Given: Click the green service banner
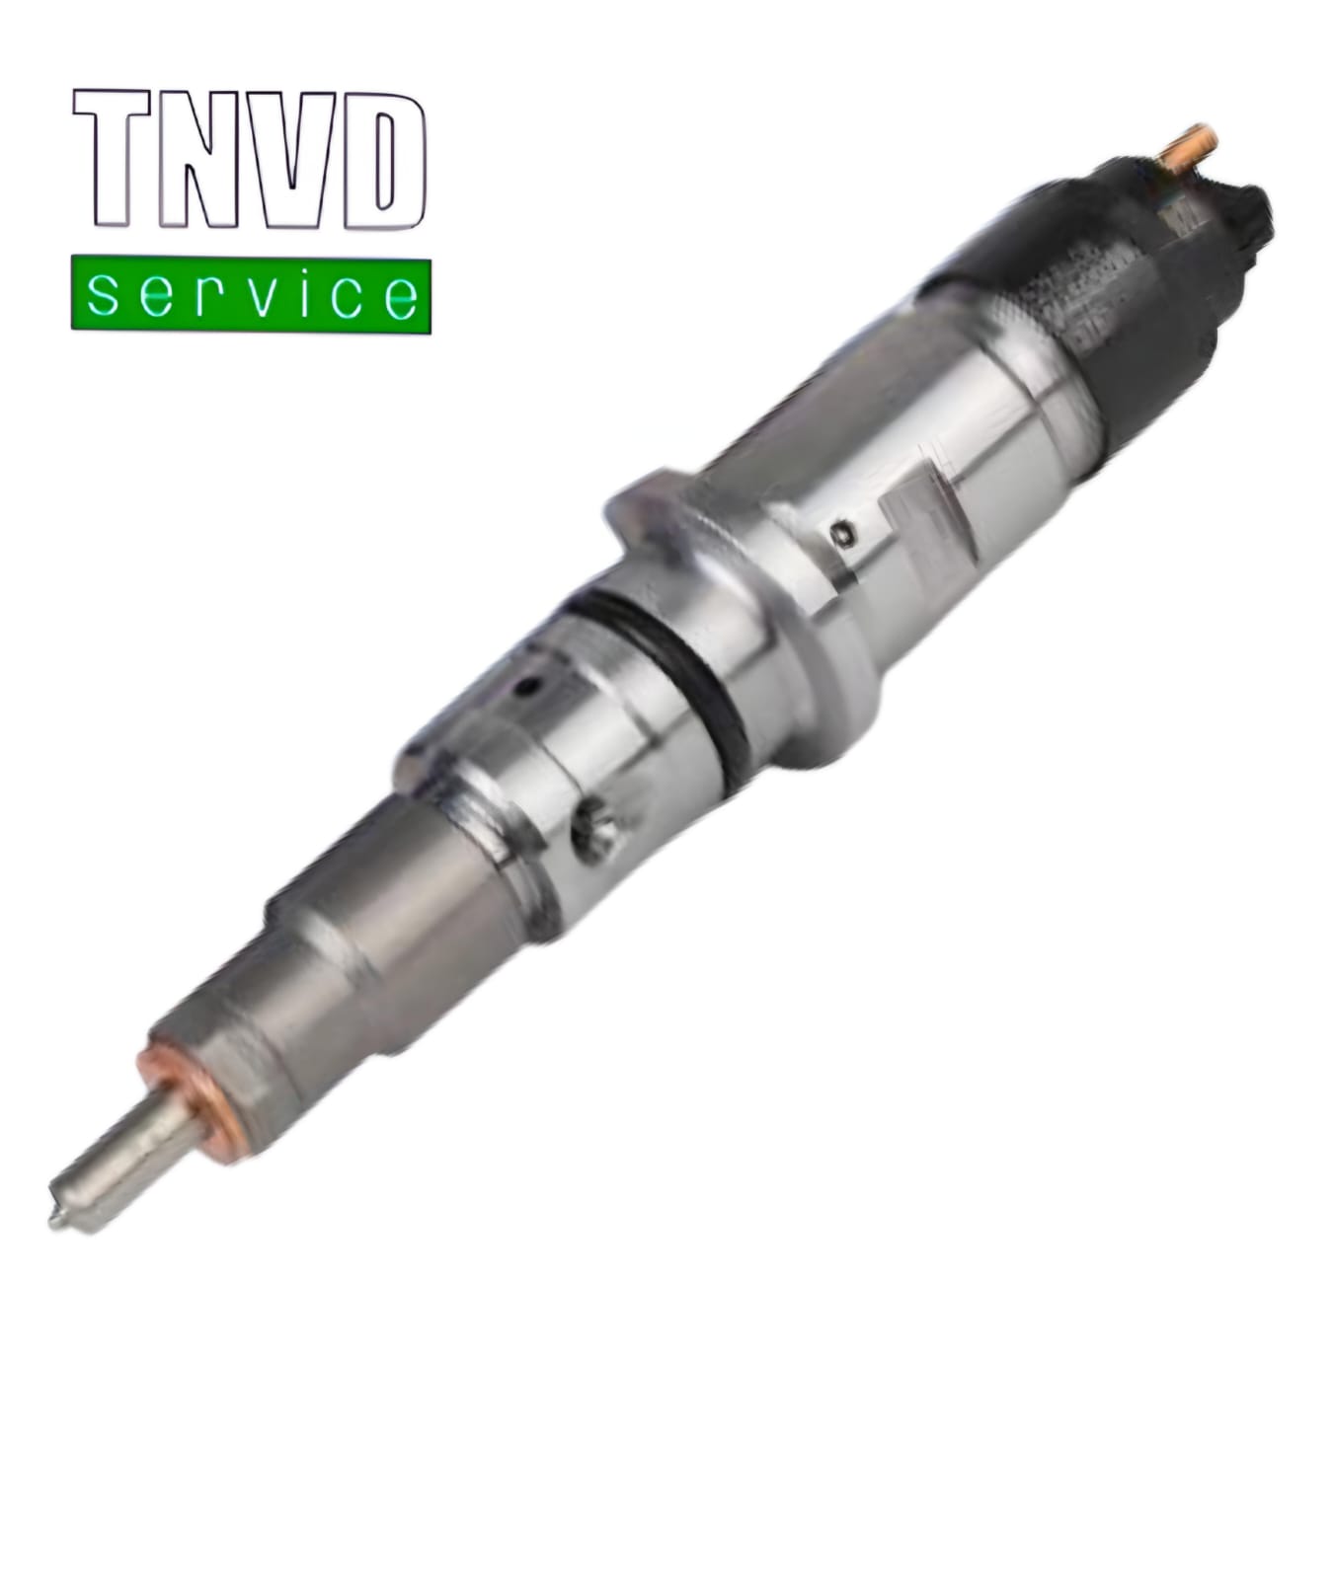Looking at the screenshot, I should (251, 294).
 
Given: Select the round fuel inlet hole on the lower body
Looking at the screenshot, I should (596, 832).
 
